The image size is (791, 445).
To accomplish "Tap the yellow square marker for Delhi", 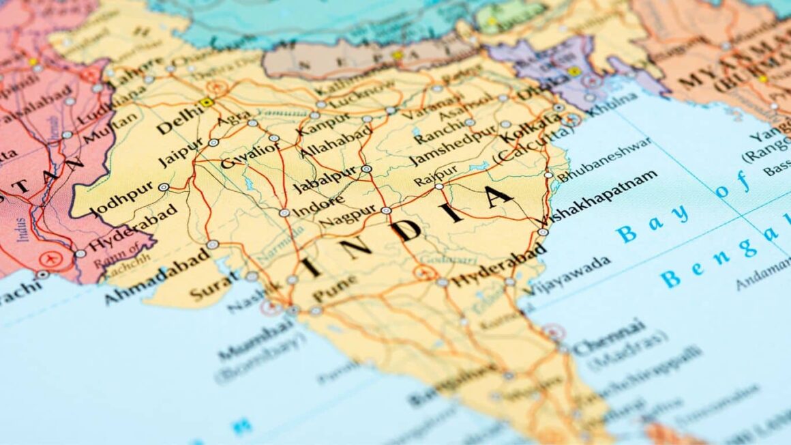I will click(207, 103).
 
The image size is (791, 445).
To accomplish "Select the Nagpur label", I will click(347, 218).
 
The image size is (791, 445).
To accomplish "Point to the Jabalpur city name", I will click(325, 180).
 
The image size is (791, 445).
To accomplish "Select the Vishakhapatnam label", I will click(600, 196).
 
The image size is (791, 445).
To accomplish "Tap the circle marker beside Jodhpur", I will click(164, 187).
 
